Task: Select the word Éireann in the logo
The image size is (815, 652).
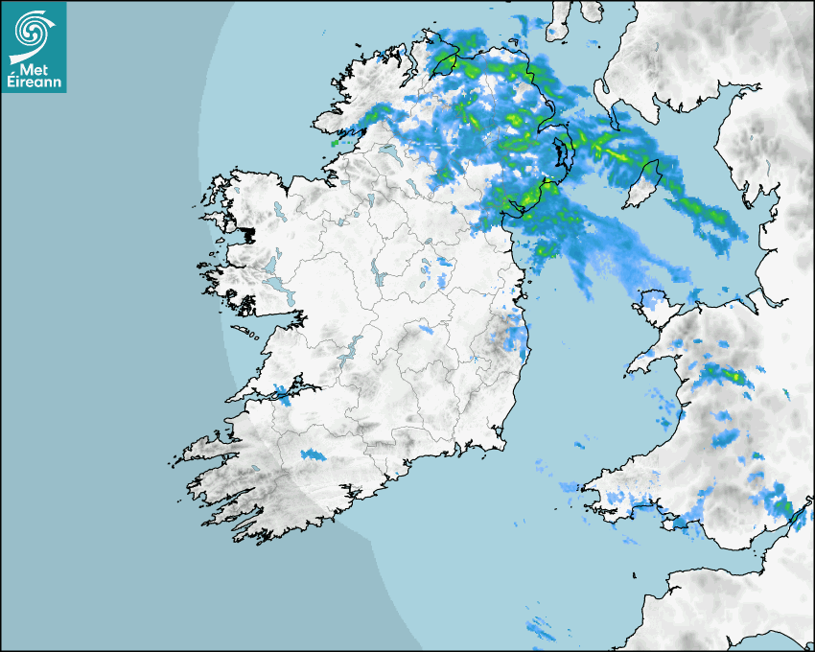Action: pyautogui.click(x=34, y=82)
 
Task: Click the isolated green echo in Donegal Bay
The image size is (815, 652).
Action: pyautogui.click(x=335, y=143)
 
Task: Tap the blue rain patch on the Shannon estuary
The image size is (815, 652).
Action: pyautogui.click(x=280, y=392)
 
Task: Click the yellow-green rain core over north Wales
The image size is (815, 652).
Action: pyautogui.click(x=733, y=375)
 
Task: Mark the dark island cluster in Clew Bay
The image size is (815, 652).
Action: pyautogui.click(x=248, y=233)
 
